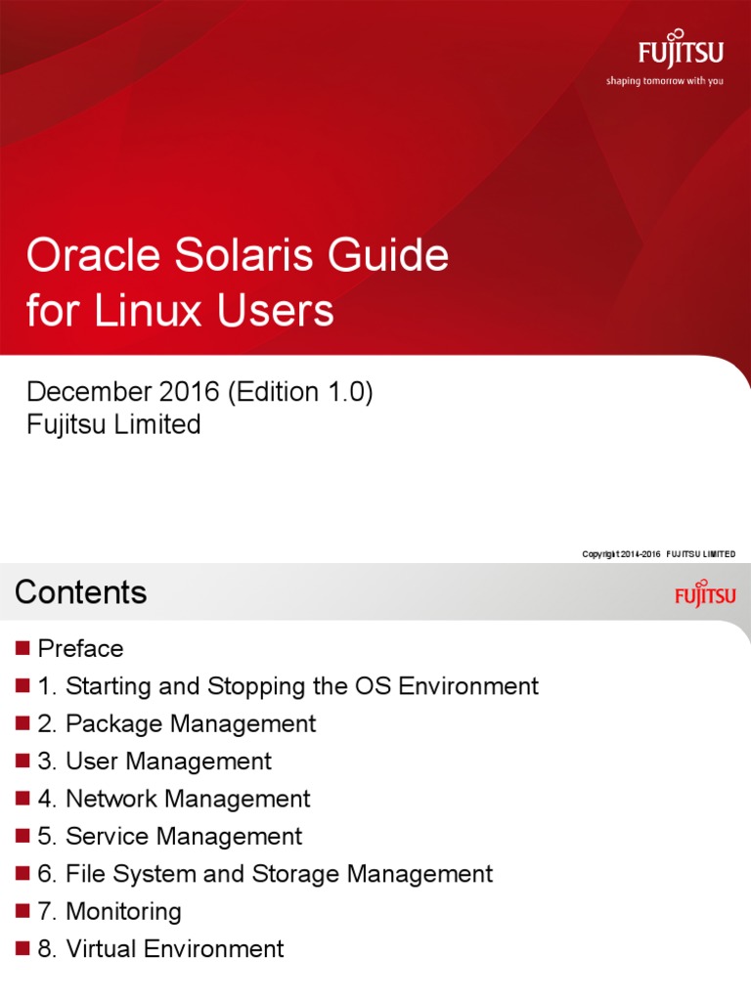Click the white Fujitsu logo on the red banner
click(681, 52)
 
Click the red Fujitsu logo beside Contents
click(704, 592)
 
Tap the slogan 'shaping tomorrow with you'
click(664, 81)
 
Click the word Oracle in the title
click(85, 257)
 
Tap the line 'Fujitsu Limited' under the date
click(113, 425)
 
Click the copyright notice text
click(658, 554)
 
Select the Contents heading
click(81, 592)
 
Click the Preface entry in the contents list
click(80, 649)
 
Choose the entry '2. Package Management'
click(177, 724)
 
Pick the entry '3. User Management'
click(155, 762)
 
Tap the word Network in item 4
click(109, 799)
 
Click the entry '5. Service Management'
click(170, 837)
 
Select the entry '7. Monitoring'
click(110, 912)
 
